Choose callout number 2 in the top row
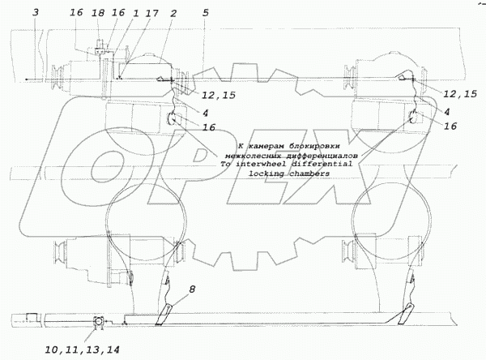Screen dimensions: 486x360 pos(174,15)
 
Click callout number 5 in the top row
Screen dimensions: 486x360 pos(206,14)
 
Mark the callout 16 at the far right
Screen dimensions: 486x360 pos(450,126)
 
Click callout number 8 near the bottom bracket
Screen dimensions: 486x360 pos(191,288)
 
